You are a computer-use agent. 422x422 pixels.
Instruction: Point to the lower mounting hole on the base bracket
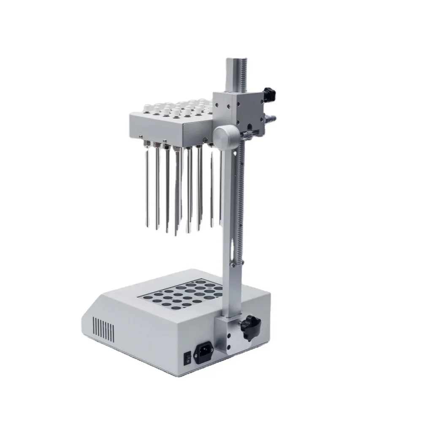228,346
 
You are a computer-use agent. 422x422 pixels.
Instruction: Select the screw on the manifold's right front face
205,140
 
